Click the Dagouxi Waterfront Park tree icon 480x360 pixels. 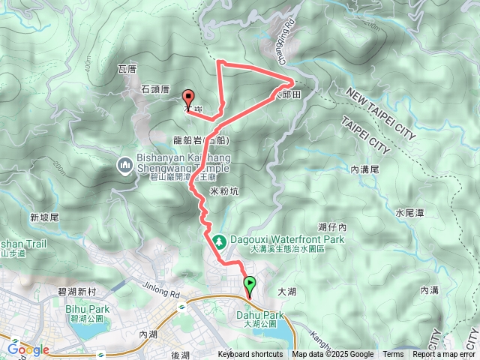tap(219, 240)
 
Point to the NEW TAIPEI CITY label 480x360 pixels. tap(380, 114)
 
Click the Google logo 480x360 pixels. tap(28, 349)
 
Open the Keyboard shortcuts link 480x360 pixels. tap(250, 355)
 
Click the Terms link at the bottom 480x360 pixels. tap(393, 355)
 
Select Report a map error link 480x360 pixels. tap(444, 355)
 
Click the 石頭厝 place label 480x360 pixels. tap(155, 89)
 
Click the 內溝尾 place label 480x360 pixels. tap(365, 171)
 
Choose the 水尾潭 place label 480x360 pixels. tap(409, 213)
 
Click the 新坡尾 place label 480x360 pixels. tap(44, 217)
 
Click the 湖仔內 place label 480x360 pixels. tap(331, 226)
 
